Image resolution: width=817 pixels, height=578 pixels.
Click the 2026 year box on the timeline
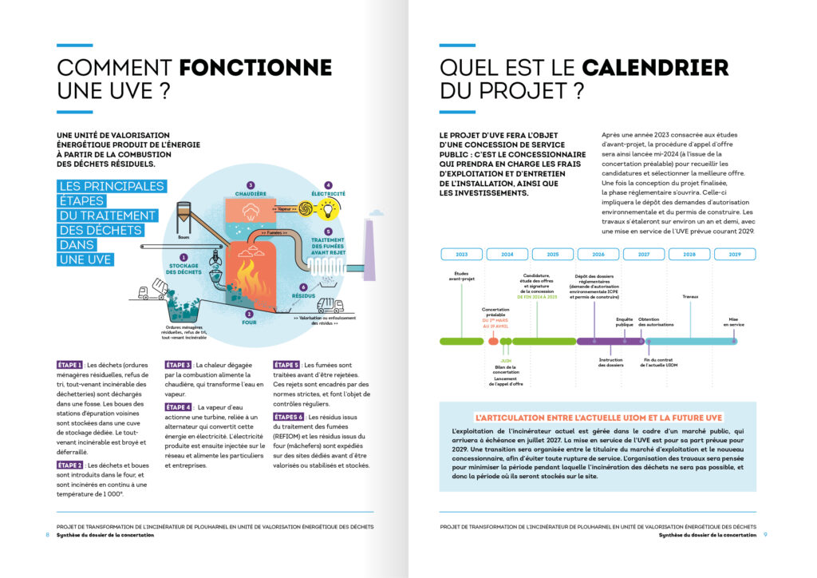[598, 254]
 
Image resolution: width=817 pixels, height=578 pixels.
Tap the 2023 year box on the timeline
[461, 254]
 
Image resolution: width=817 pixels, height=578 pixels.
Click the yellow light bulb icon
[328, 209]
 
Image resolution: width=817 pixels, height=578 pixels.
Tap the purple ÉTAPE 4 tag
[179, 407]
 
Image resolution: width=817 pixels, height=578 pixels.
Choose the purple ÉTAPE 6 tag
[288, 417]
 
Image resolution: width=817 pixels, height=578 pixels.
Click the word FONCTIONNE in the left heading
[255, 67]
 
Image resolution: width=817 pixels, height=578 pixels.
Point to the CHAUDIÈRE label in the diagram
[251, 192]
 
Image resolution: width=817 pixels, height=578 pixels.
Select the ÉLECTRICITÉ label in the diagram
[328, 192]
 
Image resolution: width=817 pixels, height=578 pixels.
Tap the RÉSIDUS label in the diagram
[303, 296]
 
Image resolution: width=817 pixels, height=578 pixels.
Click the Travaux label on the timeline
[690, 296]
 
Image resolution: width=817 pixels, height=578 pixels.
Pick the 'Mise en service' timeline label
[735, 322]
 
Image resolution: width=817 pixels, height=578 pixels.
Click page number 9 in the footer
[764, 535]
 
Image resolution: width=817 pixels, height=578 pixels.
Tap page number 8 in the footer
[47, 535]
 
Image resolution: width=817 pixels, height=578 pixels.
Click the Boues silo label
[182, 237]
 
